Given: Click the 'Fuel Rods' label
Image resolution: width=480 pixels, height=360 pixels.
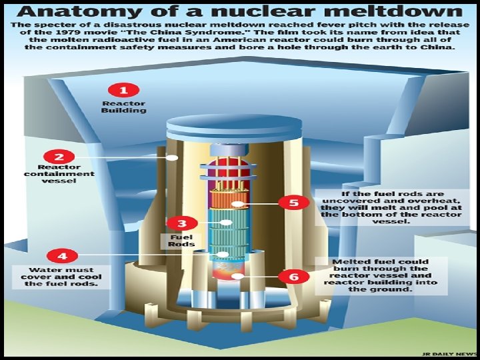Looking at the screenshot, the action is (181, 240).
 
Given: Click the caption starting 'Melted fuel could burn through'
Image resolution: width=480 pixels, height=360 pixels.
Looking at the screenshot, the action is (390, 275).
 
